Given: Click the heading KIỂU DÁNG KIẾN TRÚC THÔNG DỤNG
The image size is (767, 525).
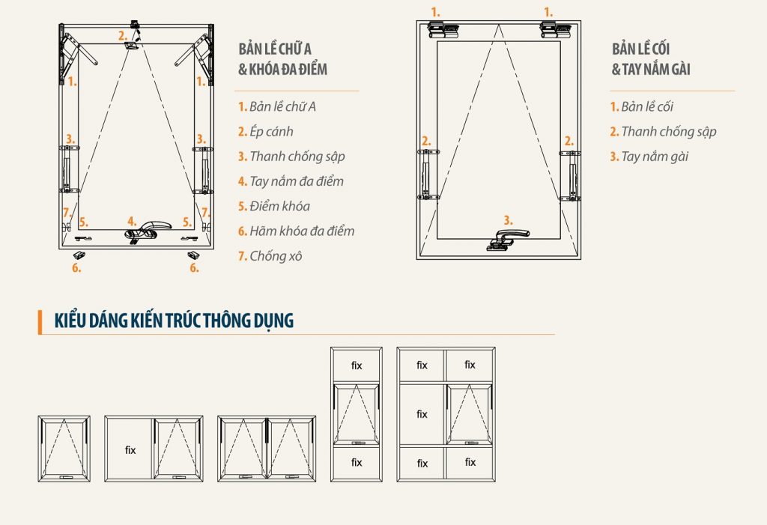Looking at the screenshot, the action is (x=174, y=321).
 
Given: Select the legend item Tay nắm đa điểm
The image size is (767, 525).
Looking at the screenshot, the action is (x=291, y=181).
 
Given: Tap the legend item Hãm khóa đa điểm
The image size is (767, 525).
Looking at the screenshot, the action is (x=297, y=231).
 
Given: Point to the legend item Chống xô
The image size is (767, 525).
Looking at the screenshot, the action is (x=270, y=256).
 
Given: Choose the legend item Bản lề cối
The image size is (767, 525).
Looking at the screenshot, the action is (x=641, y=106).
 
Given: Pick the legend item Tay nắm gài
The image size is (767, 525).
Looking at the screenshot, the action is (x=649, y=156).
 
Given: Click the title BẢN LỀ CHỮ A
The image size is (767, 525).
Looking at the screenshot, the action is (x=275, y=49).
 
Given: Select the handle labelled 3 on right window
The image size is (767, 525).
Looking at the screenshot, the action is (x=507, y=238).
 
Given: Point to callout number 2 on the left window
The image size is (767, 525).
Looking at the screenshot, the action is (x=122, y=35).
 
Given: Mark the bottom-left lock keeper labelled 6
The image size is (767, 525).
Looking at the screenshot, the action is (x=78, y=255).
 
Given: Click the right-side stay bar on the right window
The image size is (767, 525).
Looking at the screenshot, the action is (x=570, y=176).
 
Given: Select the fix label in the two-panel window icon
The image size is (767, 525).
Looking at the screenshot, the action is (x=130, y=450).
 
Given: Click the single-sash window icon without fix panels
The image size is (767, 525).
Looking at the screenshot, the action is (x=64, y=449).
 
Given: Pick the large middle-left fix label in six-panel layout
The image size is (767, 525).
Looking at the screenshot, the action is (x=422, y=414).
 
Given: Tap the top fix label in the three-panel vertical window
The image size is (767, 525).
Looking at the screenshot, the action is (x=357, y=365).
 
